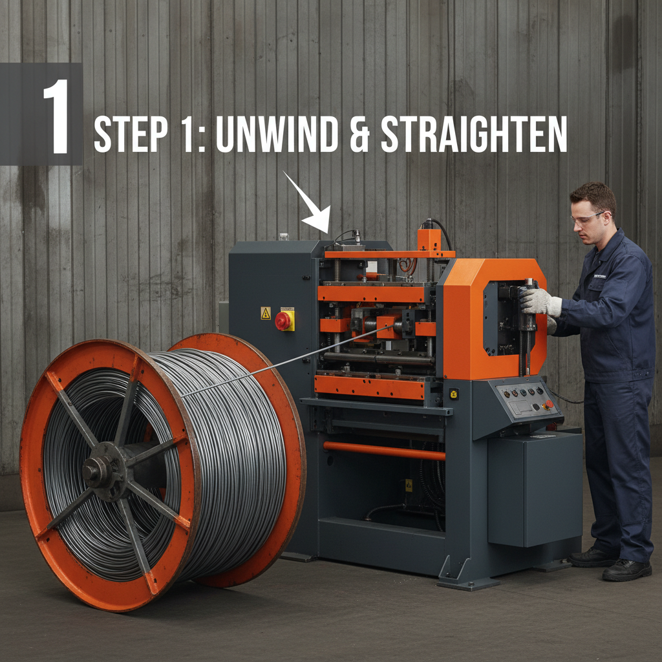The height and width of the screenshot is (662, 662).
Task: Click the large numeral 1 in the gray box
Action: pos(57,116)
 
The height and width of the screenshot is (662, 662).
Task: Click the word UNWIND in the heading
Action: pos(277,134)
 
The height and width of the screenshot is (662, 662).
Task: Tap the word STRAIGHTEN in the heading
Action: pos(474,134)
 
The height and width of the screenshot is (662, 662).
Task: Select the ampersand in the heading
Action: pos(359,134)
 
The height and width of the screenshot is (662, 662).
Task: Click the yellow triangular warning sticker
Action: pos(266,313)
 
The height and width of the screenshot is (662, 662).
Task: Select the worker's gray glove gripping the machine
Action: pos(540,302)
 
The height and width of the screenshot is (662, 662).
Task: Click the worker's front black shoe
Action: pos(626,570)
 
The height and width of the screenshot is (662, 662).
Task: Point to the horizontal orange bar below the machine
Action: pos(384,451)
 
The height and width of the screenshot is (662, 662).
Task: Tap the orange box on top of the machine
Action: pos(429,240)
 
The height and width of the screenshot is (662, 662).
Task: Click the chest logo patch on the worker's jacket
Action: pos(599,275)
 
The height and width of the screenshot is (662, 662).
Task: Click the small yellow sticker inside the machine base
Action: pos(409,485)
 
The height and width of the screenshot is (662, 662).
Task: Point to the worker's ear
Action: pos(608,220)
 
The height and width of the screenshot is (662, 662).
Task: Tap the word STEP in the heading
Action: pos(131,134)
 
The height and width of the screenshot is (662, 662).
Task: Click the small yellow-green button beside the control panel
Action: pos(454,394)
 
